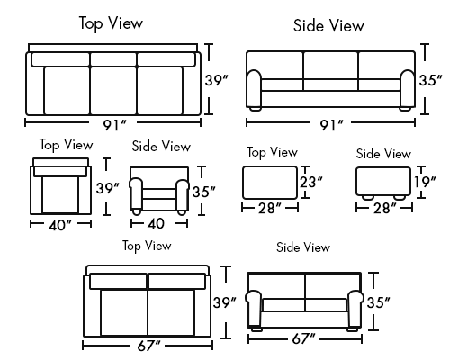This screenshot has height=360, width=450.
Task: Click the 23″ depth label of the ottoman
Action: pos(311,182)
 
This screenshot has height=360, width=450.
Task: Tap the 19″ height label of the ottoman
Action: pos(425,182)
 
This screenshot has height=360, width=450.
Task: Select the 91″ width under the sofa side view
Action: pos(331,125)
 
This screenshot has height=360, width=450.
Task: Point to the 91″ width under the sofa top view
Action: pos(115,125)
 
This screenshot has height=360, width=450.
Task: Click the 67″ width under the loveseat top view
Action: pos(148,346)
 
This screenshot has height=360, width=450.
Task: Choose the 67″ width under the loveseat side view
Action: pos(303,339)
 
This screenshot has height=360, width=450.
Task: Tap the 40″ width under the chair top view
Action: pos(60,225)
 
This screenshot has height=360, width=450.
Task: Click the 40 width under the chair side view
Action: pos(156,223)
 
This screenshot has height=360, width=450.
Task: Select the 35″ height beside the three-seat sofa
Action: pos(430,80)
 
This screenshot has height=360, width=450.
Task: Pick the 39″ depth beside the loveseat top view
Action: pos(224,302)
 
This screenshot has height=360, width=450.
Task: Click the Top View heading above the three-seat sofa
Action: pos(111,23)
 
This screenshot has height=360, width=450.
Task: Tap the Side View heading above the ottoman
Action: pos(383,154)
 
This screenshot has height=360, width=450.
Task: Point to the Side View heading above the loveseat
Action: pos(303,247)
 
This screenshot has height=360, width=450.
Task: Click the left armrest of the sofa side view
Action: pos(254,89)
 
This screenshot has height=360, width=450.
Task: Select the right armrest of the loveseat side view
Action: pos(355,309)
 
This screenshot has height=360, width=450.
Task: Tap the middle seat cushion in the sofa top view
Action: pos(113,91)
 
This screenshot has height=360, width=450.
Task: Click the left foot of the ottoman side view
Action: pos(367,197)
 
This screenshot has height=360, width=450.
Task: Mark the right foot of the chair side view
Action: pos(182,212)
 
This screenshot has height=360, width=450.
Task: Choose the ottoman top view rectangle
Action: pos(270,183)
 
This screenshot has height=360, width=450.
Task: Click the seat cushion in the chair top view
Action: pos(60,195)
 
